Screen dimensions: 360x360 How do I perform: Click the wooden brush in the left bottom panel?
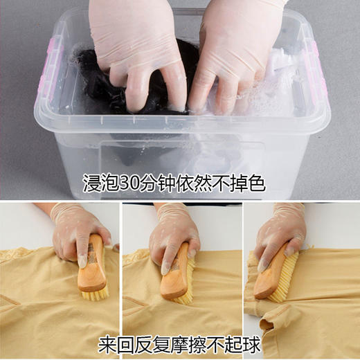click(93, 267)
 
